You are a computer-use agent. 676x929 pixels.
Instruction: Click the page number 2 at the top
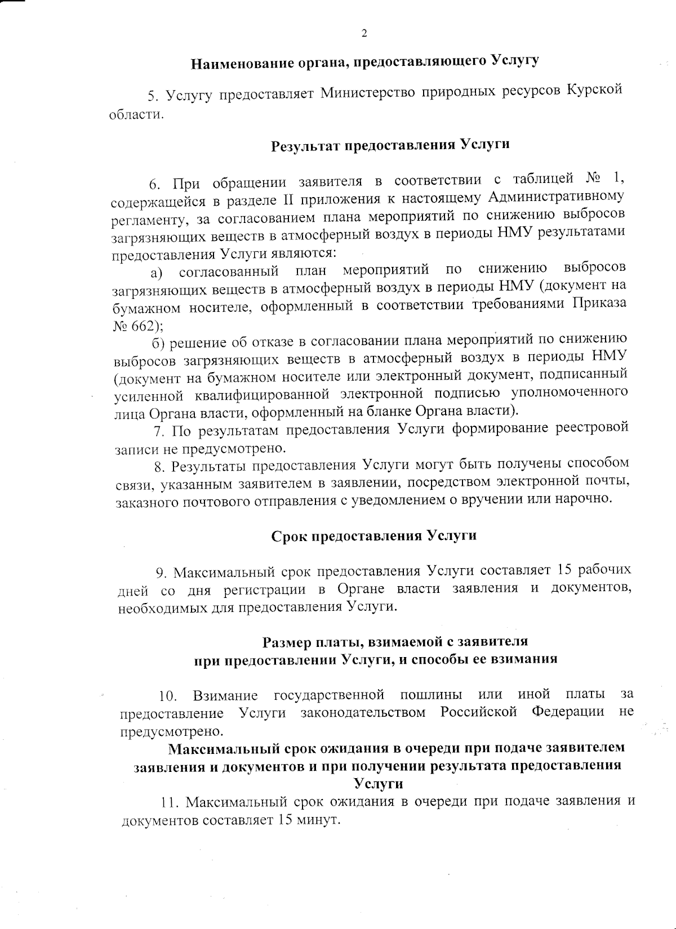click(x=364, y=34)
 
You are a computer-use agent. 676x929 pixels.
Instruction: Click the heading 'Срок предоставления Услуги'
click(x=374, y=535)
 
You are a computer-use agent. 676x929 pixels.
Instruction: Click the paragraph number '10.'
click(x=168, y=696)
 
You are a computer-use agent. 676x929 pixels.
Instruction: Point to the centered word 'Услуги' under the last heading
click(x=378, y=784)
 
